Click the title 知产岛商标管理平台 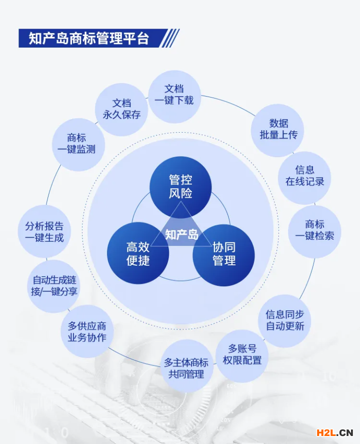89,38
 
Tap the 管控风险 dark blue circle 180,187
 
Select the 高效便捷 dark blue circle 138,253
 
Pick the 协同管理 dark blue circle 223,255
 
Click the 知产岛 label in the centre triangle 181,235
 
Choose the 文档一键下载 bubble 174,97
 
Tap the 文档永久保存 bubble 121,110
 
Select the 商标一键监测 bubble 78,145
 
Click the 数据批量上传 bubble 277,130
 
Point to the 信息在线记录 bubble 304,178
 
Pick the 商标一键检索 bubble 314,232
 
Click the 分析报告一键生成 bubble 44,231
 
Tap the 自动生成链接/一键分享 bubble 53,286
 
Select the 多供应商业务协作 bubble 87,331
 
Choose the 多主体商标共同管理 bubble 186,366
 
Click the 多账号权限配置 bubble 242,356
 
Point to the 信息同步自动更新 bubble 284,321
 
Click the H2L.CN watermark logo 335,432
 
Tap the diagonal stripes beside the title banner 169,38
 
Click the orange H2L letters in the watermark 326,432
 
